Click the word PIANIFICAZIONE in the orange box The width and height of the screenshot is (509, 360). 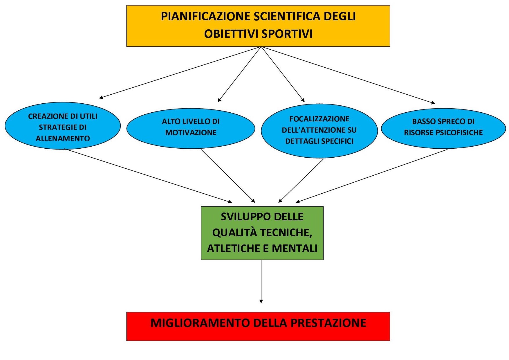point(206,16)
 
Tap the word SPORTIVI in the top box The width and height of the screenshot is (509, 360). point(287,34)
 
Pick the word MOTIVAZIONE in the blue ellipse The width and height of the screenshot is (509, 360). point(191,132)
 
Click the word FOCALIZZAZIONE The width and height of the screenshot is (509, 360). point(319,119)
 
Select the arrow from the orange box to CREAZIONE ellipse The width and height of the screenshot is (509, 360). point(180,73)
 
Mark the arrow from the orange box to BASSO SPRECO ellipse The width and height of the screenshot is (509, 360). point(348,75)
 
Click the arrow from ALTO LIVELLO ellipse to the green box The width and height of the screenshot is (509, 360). point(228,176)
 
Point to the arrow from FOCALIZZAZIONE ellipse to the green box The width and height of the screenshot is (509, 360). point(301,181)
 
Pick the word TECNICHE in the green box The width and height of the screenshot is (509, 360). point(286,233)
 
